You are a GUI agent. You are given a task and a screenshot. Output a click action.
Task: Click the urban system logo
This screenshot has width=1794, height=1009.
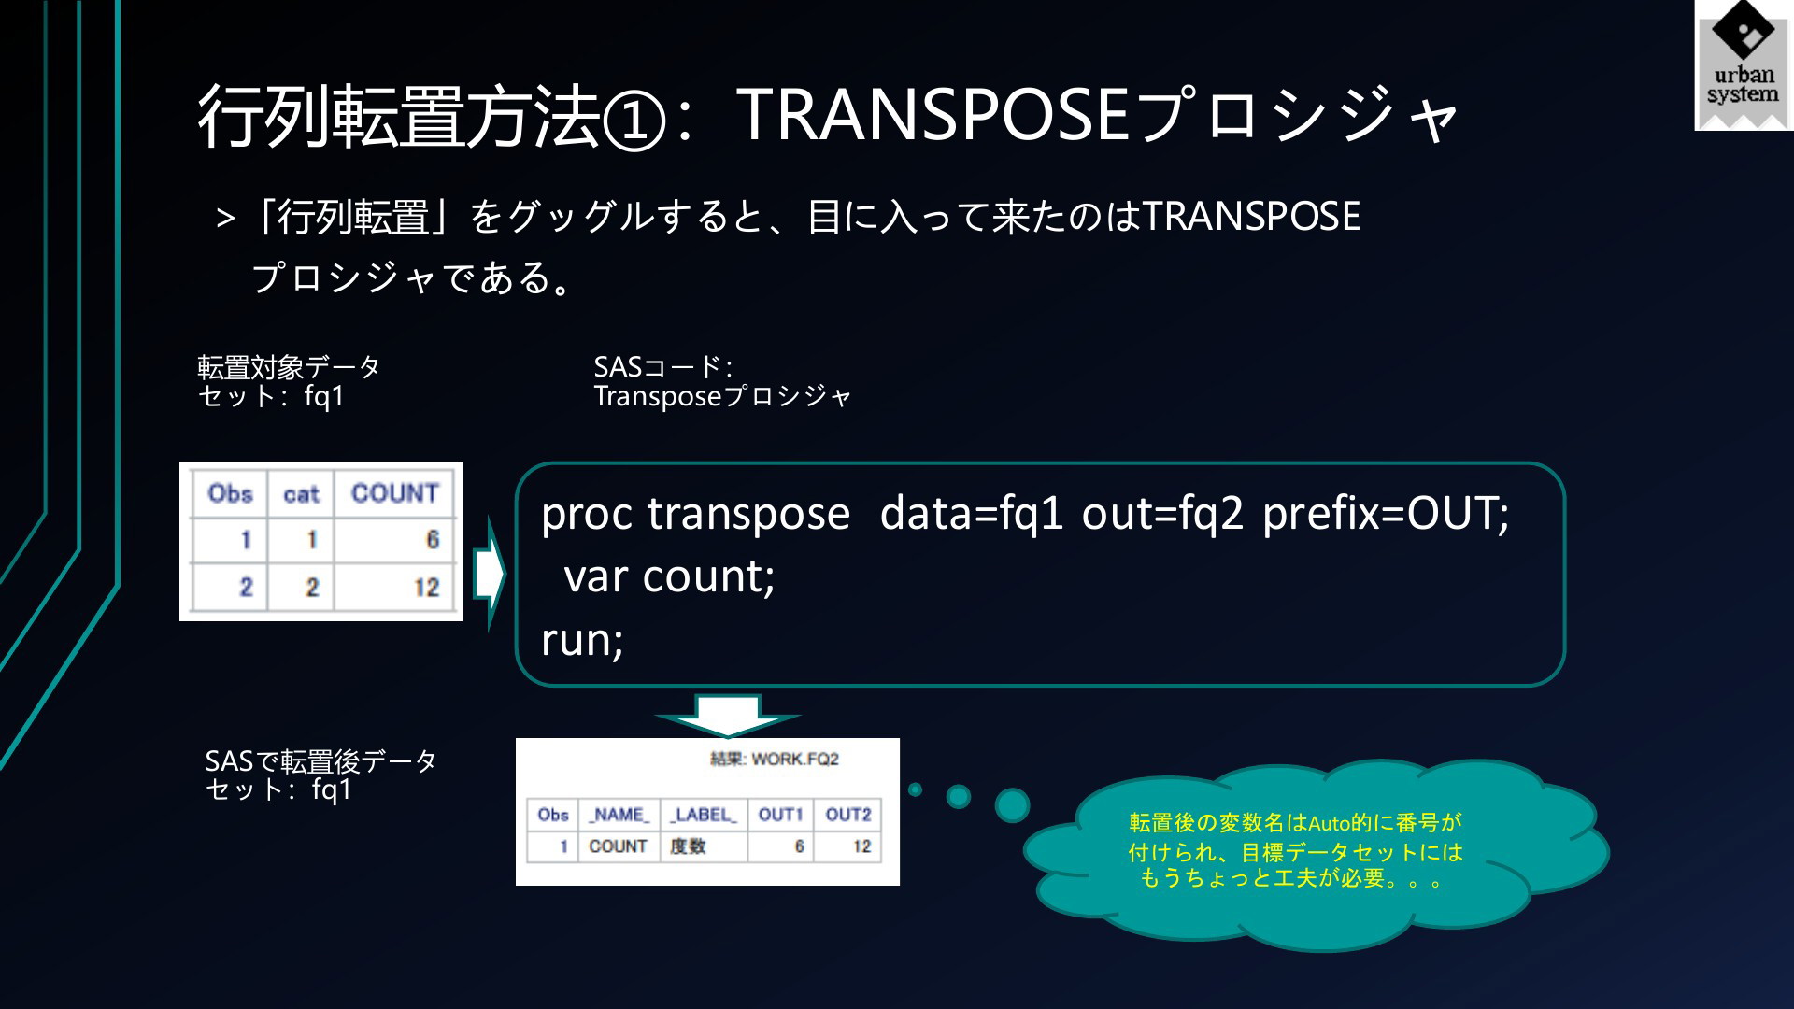point(1744,65)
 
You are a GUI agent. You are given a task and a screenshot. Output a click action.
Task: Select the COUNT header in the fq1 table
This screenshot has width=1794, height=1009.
point(394,493)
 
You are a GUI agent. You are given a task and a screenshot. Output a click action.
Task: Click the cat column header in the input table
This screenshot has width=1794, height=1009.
point(301,494)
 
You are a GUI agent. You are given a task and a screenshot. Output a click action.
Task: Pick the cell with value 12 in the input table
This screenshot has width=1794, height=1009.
point(426,588)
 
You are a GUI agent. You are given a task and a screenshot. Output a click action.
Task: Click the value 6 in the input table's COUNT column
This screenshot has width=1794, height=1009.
point(432,539)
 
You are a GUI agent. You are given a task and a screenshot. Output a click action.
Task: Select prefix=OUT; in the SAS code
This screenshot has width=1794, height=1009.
point(1386,513)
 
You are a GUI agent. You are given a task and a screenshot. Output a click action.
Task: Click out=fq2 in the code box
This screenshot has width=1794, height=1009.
point(1162,513)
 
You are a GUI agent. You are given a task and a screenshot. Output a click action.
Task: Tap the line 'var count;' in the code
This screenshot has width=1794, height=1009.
point(669,576)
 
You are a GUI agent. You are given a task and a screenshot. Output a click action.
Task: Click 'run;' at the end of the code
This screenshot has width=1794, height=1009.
point(582,640)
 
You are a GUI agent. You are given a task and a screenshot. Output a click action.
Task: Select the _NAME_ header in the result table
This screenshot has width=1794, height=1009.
point(619,815)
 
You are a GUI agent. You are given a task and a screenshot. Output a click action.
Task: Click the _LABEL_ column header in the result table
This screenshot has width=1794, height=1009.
point(703,815)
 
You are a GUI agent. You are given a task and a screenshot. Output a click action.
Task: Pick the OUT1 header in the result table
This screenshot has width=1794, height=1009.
point(780,815)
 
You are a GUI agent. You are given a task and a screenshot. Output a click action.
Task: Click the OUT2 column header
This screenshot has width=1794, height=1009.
point(847,815)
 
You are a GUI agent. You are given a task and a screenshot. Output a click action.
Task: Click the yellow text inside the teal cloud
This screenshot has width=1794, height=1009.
point(1295,850)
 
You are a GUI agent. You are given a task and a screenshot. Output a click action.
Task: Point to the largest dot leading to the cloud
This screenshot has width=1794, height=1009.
point(1012,805)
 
